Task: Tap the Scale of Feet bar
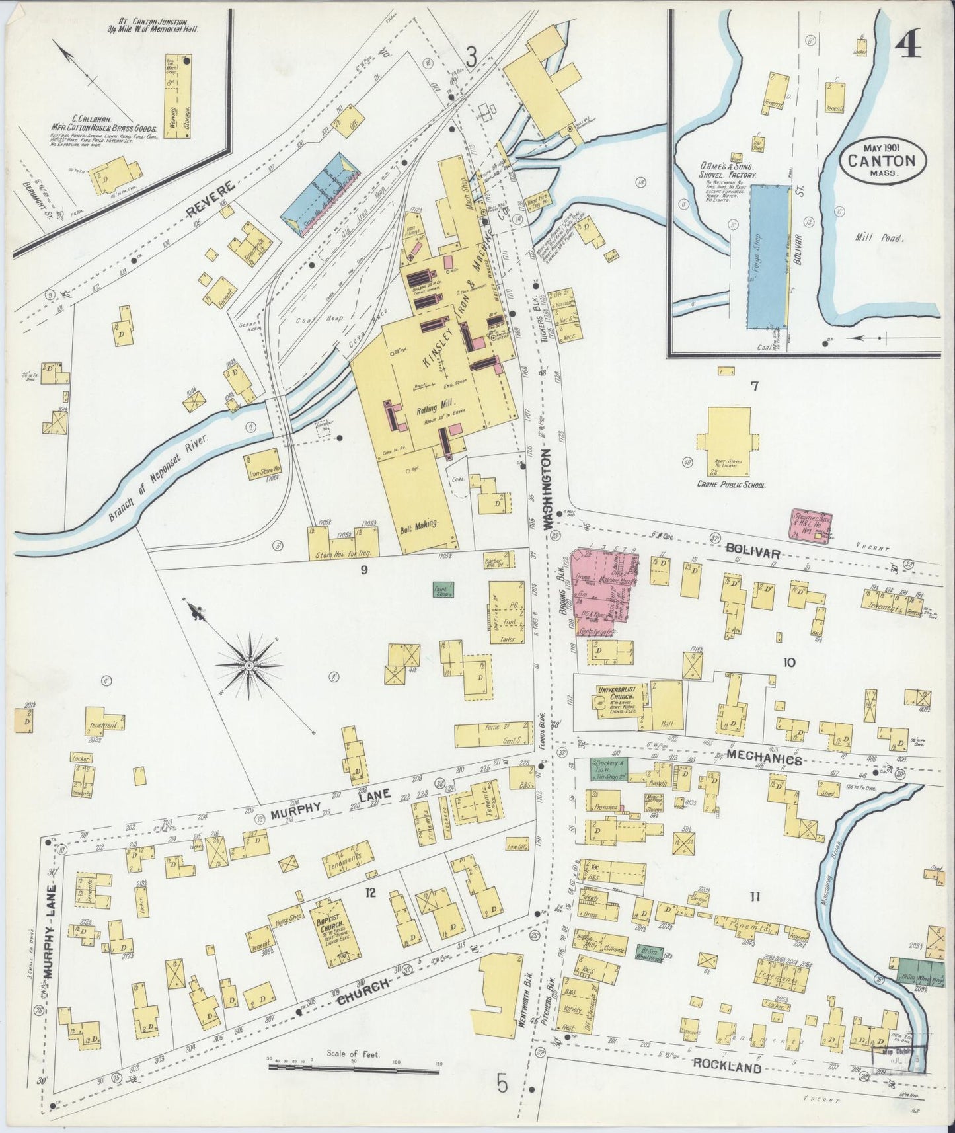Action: pyautogui.click(x=354, y=1066)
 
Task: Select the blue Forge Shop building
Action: pyautogui.click(x=769, y=256)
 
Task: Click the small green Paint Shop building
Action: pyautogui.click(x=442, y=592)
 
